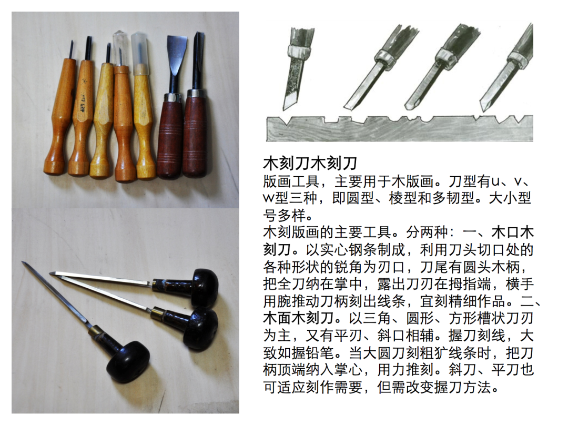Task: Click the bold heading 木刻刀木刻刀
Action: [310, 164]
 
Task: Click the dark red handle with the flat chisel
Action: [169, 136]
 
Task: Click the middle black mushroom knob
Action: [201, 329]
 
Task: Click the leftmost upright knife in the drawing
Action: [297, 68]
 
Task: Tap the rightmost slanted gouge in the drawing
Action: [506, 68]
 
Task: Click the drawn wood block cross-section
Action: [400, 128]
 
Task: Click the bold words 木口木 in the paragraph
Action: [513, 232]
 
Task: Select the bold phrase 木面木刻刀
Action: [298, 318]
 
